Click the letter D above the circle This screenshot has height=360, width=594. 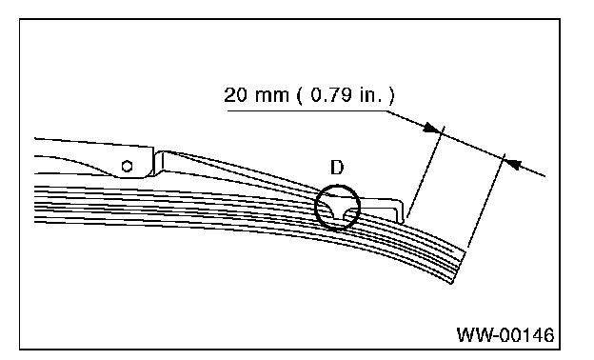(337, 168)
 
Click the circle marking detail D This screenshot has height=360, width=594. (315, 208)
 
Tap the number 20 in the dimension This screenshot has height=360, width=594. (235, 94)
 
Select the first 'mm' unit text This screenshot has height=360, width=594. (271, 96)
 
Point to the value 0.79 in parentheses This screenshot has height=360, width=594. (330, 94)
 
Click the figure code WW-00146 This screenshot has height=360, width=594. (505, 335)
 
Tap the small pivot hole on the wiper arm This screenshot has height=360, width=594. (127, 166)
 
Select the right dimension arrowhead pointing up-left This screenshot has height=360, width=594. (514, 163)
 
